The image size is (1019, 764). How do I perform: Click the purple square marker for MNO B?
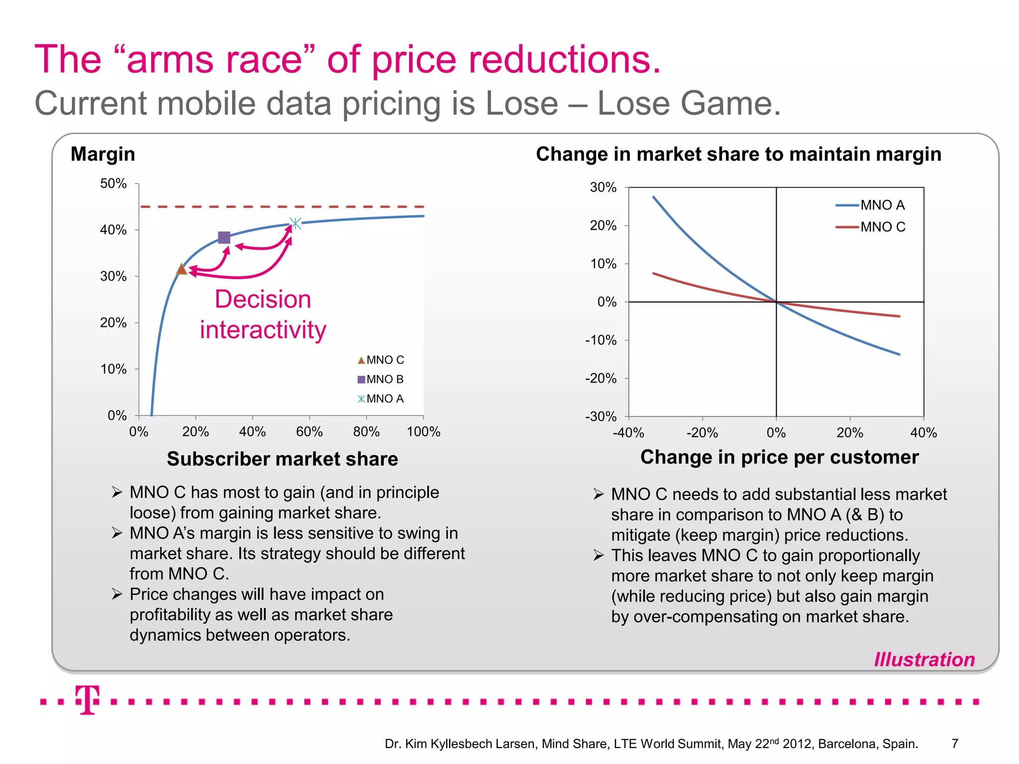(x=224, y=238)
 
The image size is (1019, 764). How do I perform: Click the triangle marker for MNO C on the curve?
(x=182, y=269)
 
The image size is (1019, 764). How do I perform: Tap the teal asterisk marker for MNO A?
(x=296, y=223)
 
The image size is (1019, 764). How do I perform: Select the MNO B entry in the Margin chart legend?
(x=381, y=380)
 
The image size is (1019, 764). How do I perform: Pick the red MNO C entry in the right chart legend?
(x=871, y=227)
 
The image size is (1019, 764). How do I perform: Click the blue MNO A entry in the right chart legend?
(x=871, y=205)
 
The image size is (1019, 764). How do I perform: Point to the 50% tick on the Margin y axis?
(x=113, y=184)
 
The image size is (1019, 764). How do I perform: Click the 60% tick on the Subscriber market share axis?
(x=309, y=432)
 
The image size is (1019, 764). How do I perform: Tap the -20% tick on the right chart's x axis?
(x=702, y=433)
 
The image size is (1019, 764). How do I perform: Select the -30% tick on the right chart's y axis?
(x=601, y=416)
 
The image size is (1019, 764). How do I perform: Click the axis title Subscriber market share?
(x=282, y=459)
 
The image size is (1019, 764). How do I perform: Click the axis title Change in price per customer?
(x=779, y=457)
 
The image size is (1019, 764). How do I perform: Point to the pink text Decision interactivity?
(x=263, y=314)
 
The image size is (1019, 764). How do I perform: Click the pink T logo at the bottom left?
(x=88, y=699)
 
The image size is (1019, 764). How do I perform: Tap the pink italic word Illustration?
(x=924, y=660)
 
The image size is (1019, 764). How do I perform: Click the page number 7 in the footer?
(x=954, y=744)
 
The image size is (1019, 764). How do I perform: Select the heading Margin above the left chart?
(x=103, y=154)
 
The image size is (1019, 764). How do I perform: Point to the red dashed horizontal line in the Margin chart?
(x=282, y=206)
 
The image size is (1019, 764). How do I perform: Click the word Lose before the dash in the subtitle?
(x=521, y=103)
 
